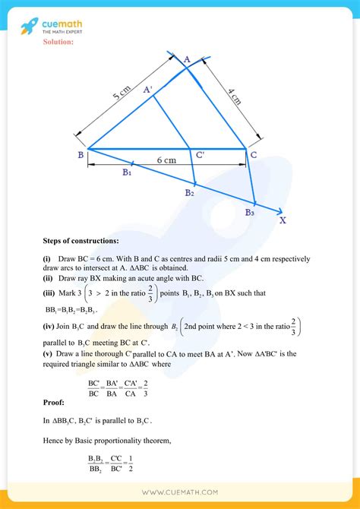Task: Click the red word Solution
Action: pyautogui.click(x=58, y=42)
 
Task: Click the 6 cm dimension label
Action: pyautogui.click(x=168, y=160)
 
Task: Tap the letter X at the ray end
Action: pyautogui.click(x=283, y=221)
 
